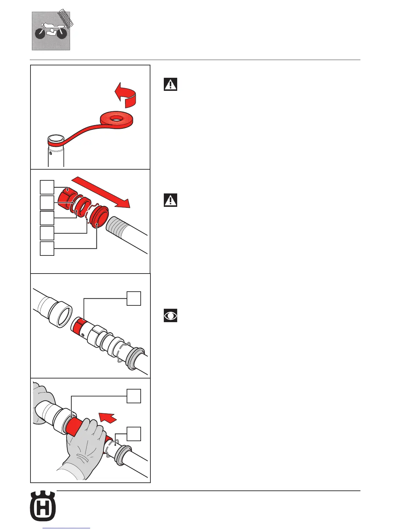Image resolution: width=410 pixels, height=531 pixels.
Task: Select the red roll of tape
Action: click(x=117, y=120)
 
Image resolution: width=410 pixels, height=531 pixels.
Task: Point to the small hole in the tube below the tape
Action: click(x=51, y=153)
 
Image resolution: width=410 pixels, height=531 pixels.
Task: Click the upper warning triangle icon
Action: click(x=170, y=84)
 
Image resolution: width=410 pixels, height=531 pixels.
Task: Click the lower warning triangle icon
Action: click(x=170, y=200)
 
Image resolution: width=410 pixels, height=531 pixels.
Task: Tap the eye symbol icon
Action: click(x=170, y=315)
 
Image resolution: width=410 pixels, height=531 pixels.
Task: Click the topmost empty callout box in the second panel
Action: click(x=47, y=187)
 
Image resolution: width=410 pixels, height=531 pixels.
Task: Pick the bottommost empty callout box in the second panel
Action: click(x=47, y=248)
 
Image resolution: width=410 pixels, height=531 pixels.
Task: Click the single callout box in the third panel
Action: click(x=134, y=298)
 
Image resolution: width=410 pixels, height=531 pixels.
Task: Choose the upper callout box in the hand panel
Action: click(x=134, y=396)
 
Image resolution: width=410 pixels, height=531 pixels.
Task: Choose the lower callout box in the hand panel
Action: click(x=134, y=434)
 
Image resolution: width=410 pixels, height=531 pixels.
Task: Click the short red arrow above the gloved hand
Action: click(x=108, y=418)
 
